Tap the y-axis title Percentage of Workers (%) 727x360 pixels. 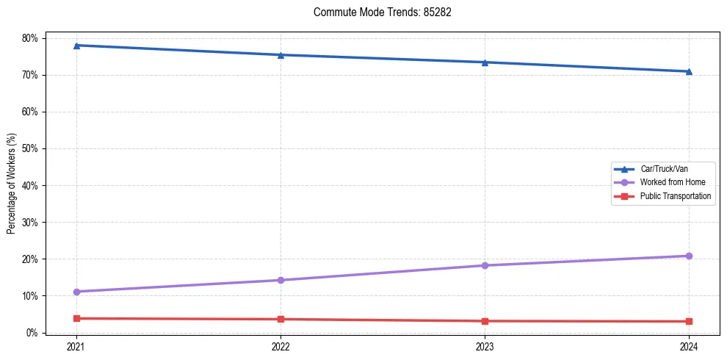pyautogui.click(x=12, y=184)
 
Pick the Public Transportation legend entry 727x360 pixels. pyautogui.click(x=675, y=196)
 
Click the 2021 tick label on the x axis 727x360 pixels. pyautogui.click(x=76, y=345)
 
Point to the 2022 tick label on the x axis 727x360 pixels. pyautogui.click(x=281, y=345)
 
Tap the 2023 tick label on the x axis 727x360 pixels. pyautogui.click(x=485, y=345)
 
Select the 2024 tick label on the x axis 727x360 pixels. pyautogui.click(x=689, y=345)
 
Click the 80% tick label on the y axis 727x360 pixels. pyautogui.click(x=32, y=38)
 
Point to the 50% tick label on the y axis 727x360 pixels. pyautogui.click(x=32, y=148)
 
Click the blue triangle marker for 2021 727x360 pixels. pyautogui.click(x=76, y=46)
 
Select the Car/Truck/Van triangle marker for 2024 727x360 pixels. pyautogui.click(x=689, y=71)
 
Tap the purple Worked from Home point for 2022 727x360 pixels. pyautogui.click(x=281, y=280)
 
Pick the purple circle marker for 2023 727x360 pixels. pyautogui.click(x=485, y=265)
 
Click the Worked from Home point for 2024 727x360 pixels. pyautogui.click(x=689, y=256)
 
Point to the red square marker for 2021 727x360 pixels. pyautogui.click(x=76, y=318)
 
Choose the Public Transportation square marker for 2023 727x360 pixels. pyautogui.click(x=485, y=321)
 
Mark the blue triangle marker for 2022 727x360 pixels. pyautogui.click(x=281, y=55)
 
